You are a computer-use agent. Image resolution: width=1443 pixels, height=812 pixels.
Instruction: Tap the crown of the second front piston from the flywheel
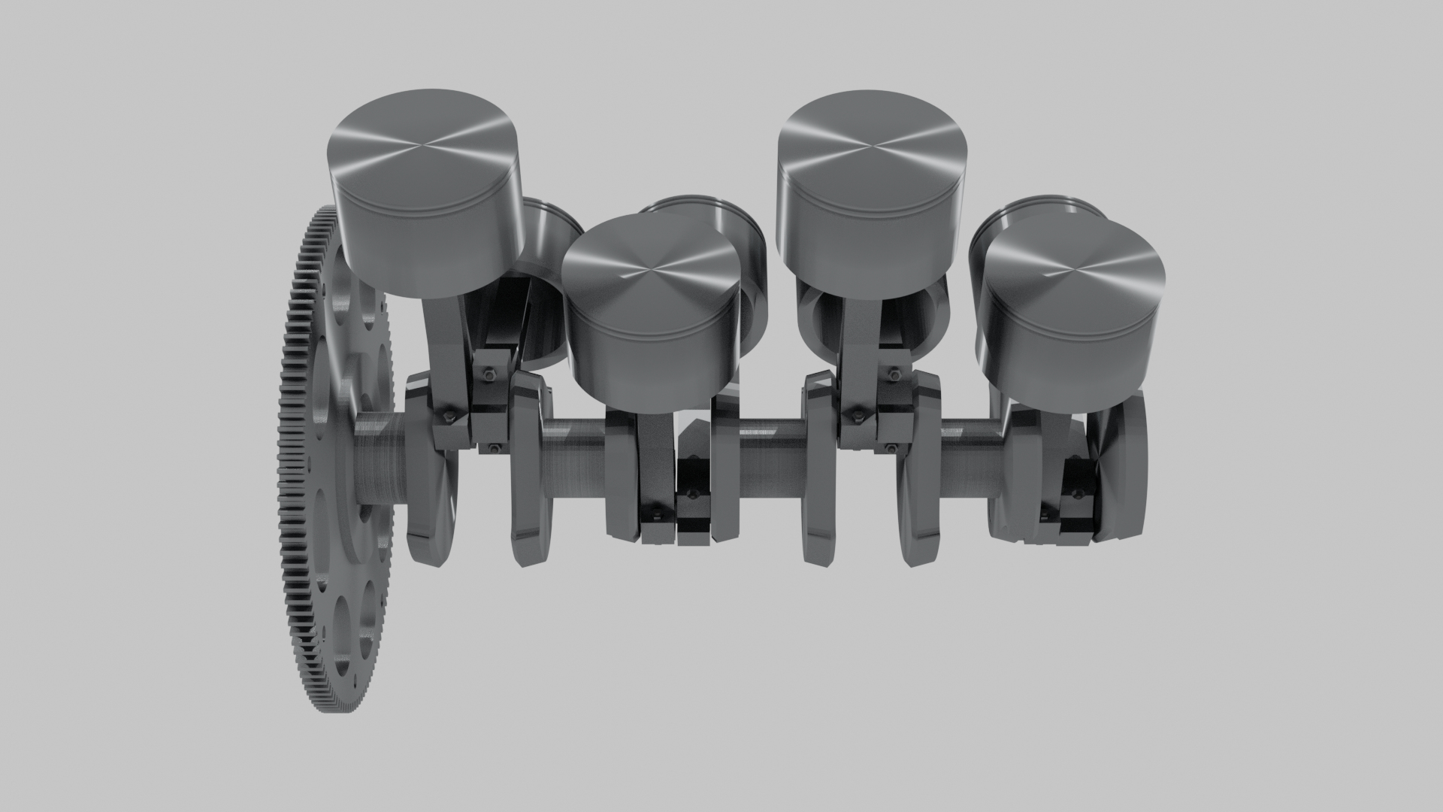coord(650,267)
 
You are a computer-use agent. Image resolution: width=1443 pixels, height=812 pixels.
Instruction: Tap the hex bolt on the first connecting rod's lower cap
coord(449,416)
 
